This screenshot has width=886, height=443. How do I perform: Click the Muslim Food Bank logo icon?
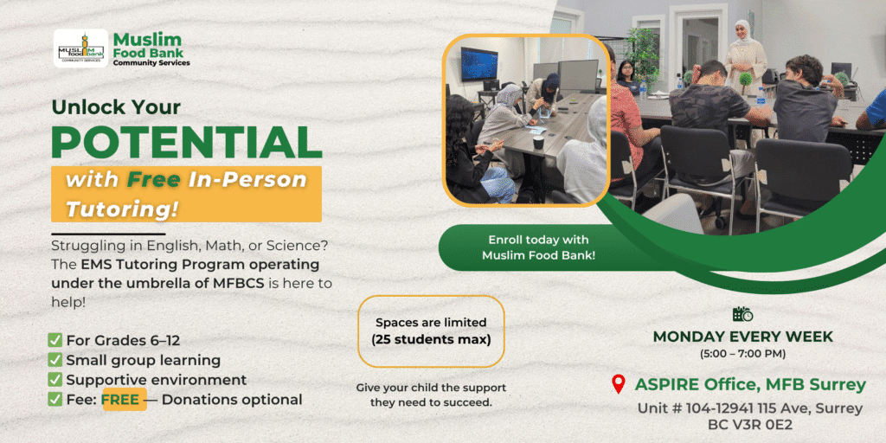click(80, 48)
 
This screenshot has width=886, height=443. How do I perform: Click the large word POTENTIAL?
click(186, 142)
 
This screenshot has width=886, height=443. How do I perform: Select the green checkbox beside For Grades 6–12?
click(55, 341)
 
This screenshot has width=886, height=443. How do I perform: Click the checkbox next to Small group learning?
click(55, 360)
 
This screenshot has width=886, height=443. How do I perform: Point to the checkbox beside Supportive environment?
click(55, 380)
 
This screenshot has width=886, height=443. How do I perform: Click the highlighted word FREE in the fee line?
click(124, 400)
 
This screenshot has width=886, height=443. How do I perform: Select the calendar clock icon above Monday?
click(742, 314)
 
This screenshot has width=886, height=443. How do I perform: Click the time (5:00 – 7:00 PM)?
click(742, 354)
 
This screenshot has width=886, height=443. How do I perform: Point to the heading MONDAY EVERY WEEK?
click(742, 337)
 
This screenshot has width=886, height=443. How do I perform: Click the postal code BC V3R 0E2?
click(742, 425)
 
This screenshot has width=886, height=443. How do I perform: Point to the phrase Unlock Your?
click(117, 107)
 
